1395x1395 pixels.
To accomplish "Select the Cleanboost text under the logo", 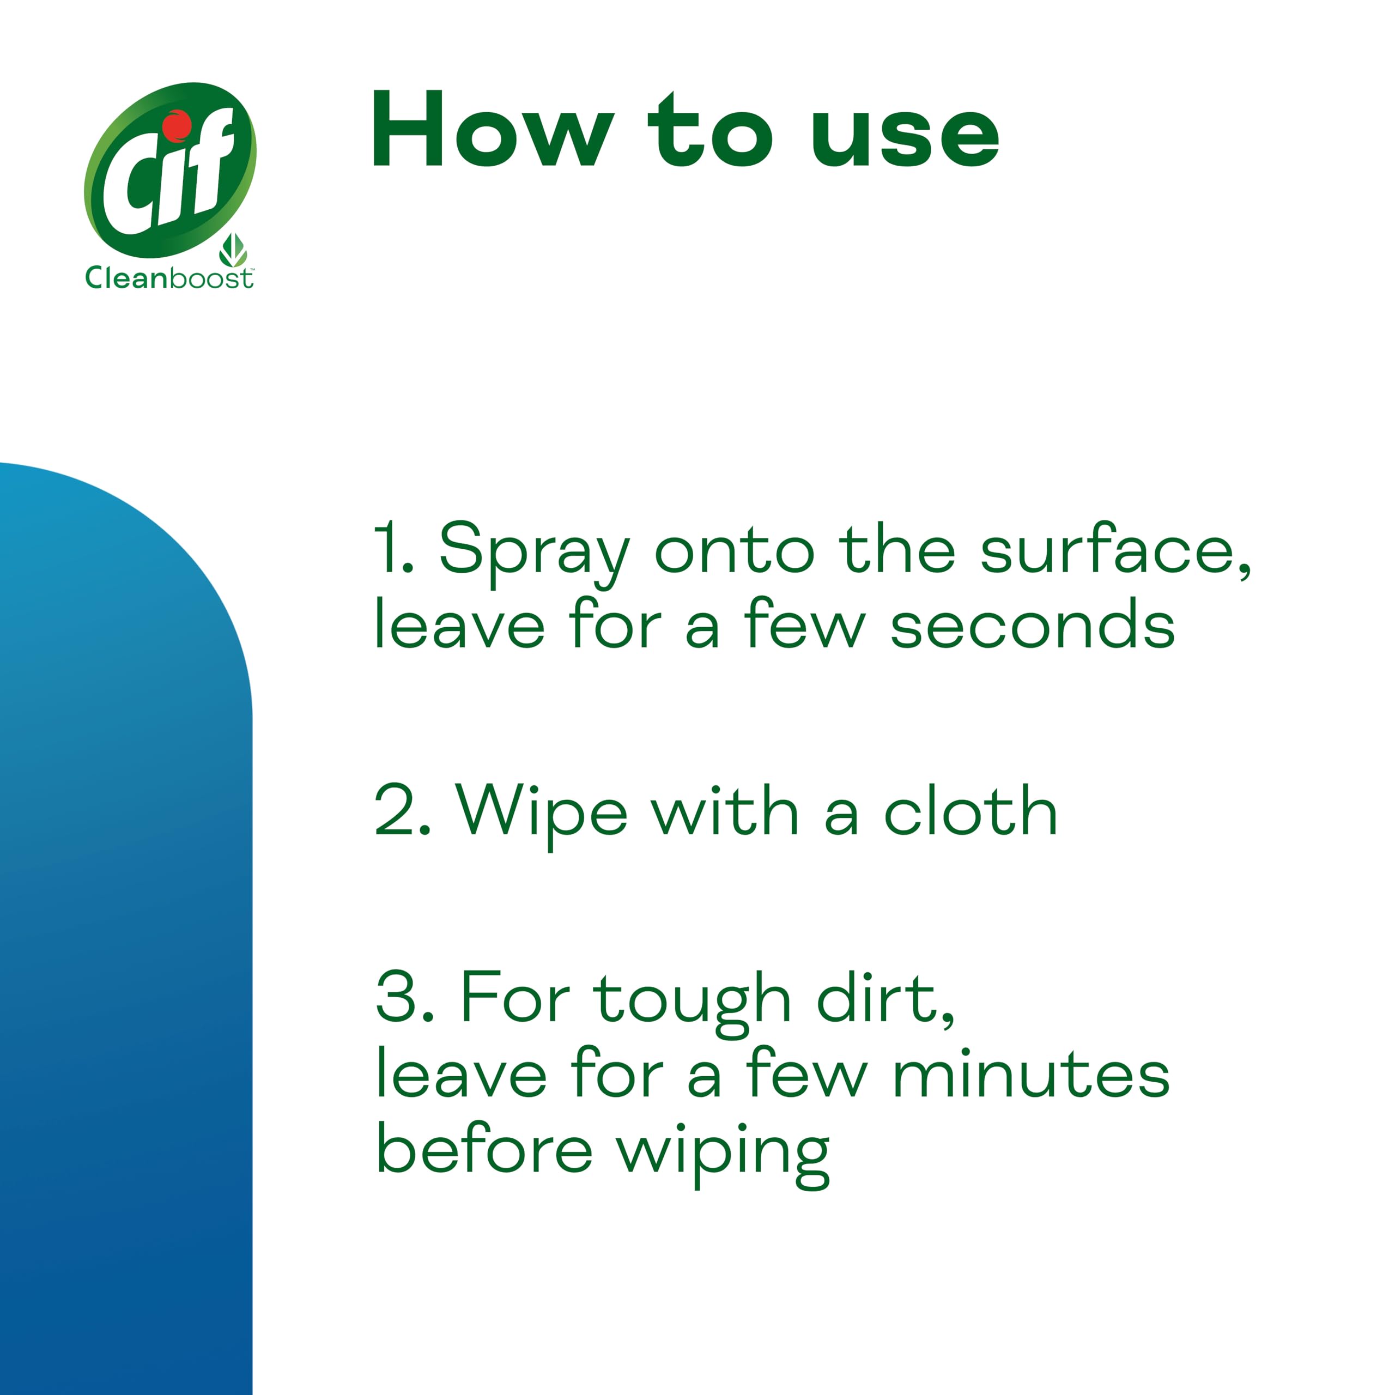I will [169, 278].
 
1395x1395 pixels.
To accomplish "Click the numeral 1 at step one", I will [386, 548].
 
